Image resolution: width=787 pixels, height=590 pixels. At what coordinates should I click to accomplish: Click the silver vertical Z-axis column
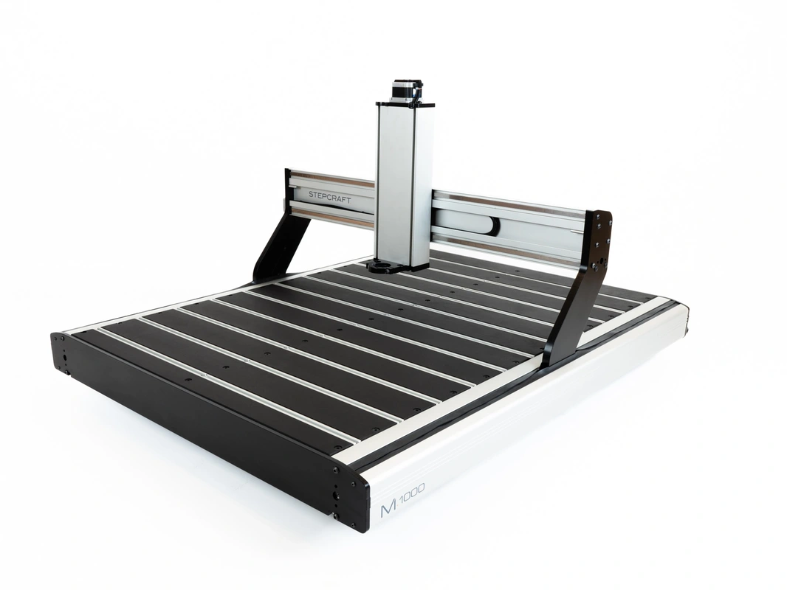[x=404, y=184]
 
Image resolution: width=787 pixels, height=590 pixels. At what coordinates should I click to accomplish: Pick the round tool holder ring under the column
[x=384, y=265]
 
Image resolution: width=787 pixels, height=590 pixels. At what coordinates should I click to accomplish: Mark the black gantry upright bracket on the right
[x=583, y=288]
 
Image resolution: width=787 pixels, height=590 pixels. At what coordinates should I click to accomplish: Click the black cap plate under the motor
[x=405, y=105]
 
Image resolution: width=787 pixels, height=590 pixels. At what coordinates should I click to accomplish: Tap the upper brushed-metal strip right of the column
[x=509, y=206]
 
